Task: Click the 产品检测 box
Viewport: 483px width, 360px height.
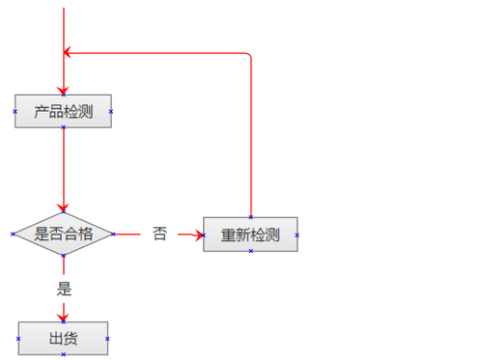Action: pos(63,111)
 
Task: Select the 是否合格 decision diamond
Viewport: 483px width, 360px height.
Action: pos(63,234)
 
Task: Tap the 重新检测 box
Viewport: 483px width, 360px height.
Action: pos(250,235)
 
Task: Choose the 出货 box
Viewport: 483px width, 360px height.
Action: pos(63,338)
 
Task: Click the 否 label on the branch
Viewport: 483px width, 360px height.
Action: pos(159,234)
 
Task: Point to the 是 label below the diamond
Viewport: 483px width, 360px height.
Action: pos(64,288)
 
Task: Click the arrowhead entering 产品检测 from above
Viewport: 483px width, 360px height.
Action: pos(64,89)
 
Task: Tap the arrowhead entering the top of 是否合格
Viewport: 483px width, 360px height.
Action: pos(64,208)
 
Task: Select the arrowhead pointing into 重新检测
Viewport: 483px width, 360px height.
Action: pos(198,234)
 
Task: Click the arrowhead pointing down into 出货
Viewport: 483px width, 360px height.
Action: pos(64,316)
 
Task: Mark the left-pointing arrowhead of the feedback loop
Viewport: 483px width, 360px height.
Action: pos(69,53)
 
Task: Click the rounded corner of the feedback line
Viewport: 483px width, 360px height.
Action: pos(249,56)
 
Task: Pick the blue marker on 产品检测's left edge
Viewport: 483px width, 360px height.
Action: pos(15,111)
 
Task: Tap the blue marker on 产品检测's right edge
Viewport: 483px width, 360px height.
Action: pos(111,111)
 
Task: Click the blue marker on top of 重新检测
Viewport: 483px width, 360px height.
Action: pos(250,217)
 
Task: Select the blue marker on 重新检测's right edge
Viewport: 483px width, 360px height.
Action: pos(297,235)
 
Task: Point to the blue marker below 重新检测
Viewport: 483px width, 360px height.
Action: pos(250,251)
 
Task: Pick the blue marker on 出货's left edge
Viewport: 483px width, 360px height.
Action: pos(18,339)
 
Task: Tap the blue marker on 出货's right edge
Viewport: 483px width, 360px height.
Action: pos(107,339)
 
